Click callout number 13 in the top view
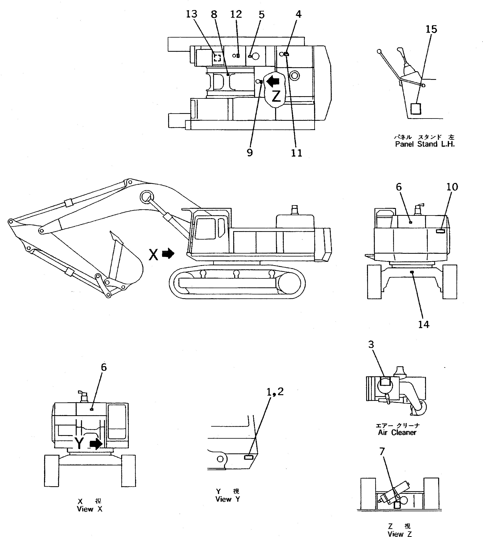coord(191,14)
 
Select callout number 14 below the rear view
coord(424,324)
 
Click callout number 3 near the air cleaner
coord(371,345)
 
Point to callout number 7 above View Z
coord(382,451)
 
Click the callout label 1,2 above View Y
coord(275,391)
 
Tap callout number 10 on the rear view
coord(452,187)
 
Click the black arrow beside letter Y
coord(96,444)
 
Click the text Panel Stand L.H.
coord(425,144)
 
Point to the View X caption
coord(89,509)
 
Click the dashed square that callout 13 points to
coord(217,58)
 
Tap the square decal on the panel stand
coord(416,109)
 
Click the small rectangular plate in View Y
coord(249,457)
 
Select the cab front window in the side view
coord(205,228)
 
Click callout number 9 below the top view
coord(250,153)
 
